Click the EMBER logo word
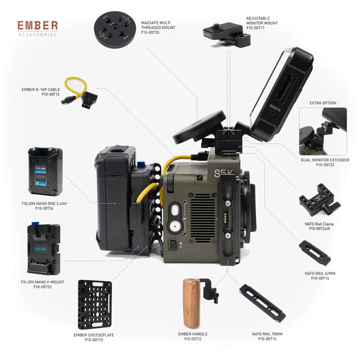pos(38,26)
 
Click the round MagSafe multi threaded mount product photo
pos(115,29)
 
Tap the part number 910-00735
pos(150,32)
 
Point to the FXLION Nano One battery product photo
pos(45,171)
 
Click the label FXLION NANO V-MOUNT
pos(42,282)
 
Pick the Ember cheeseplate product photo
pos(95,305)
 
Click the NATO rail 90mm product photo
pos(262,303)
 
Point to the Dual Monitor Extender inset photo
pos(323,131)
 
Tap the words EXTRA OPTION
pos(323,103)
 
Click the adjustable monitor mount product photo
pos(226,34)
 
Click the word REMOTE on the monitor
pos(275,108)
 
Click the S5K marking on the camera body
pos(223,173)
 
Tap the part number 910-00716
pos(267,339)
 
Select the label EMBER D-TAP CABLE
pos(41,90)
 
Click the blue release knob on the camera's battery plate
pos(140,165)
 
